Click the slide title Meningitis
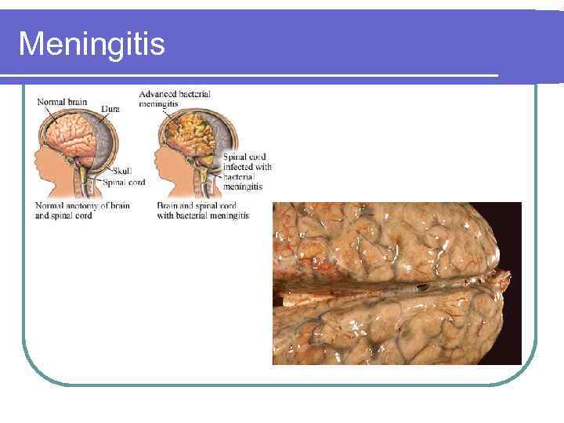click(x=92, y=44)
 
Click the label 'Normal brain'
click(x=62, y=101)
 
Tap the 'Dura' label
click(x=110, y=109)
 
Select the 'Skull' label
click(x=123, y=171)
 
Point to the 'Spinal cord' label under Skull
click(x=124, y=183)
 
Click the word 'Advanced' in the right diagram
click(x=157, y=94)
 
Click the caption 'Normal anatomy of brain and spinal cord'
click(x=82, y=210)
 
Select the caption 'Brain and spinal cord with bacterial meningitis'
click(x=203, y=210)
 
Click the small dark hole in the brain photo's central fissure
click(x=423, y=287)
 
